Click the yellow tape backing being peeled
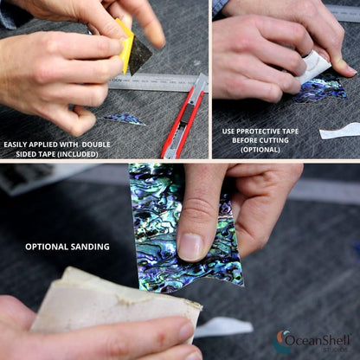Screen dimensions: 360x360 click(x=125, y=46)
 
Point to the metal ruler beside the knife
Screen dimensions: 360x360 click(x=156, y=82)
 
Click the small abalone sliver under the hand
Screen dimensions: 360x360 click(x=123, y=119)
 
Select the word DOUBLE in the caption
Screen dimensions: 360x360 click(x=97, y=145)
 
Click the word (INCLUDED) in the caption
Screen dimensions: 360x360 click(x=77, y=154)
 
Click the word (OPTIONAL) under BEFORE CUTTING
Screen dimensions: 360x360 click(x=260, y=150)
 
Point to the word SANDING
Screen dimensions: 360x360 click(x=92, y=247)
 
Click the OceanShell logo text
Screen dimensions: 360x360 click(x=318, y=340)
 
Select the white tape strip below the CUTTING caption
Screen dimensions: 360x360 click(x=340, y=132)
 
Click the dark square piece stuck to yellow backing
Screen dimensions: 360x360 click(x=139, y=58)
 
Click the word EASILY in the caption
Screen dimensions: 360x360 click(x=15, y=145)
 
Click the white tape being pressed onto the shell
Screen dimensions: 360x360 click(x=313, y=67)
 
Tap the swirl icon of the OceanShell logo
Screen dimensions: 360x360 click(x=280, y=342)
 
